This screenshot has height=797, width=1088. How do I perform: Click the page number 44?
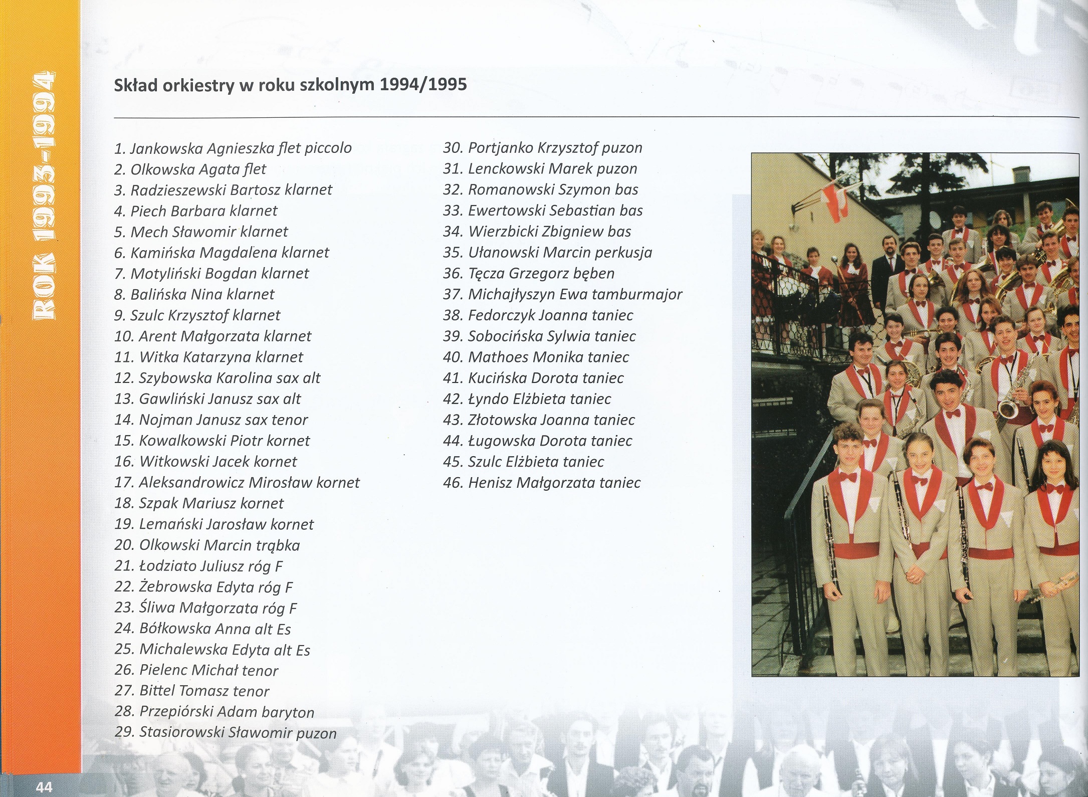click(x=44, y=786)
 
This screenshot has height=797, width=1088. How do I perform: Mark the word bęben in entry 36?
click(x=596, y=274)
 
